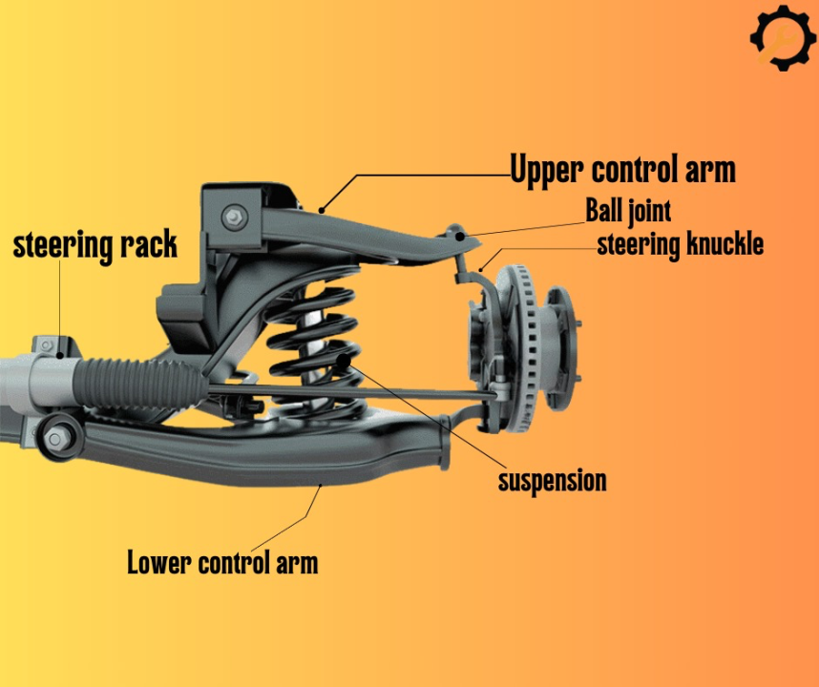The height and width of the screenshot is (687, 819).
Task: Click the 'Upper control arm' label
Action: click(x=622, y=170)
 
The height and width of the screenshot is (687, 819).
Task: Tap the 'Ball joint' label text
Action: click(x=628, y=209)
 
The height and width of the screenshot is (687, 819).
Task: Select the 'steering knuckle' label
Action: click(x=680, y=243)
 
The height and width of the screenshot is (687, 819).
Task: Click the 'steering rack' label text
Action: click(x=95, y=244)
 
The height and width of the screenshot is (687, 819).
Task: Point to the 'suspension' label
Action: click(x=552, y=480)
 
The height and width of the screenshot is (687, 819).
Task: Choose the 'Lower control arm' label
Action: click(x=222, y=562)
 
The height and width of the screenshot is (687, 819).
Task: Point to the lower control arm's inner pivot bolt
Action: click(x=55, y=439)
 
